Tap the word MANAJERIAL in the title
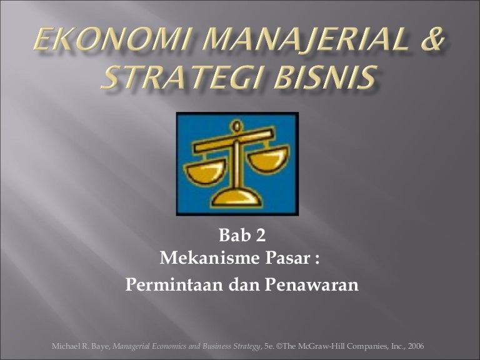(305, 40)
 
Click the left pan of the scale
(205, 172)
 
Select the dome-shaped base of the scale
(236, 197)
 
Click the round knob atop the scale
(236, 126)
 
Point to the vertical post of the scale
(236, 165)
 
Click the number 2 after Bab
(260, 236)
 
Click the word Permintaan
(174, 284)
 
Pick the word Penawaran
(312, 284)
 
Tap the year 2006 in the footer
(416, 346)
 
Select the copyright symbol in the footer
(279, 346)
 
